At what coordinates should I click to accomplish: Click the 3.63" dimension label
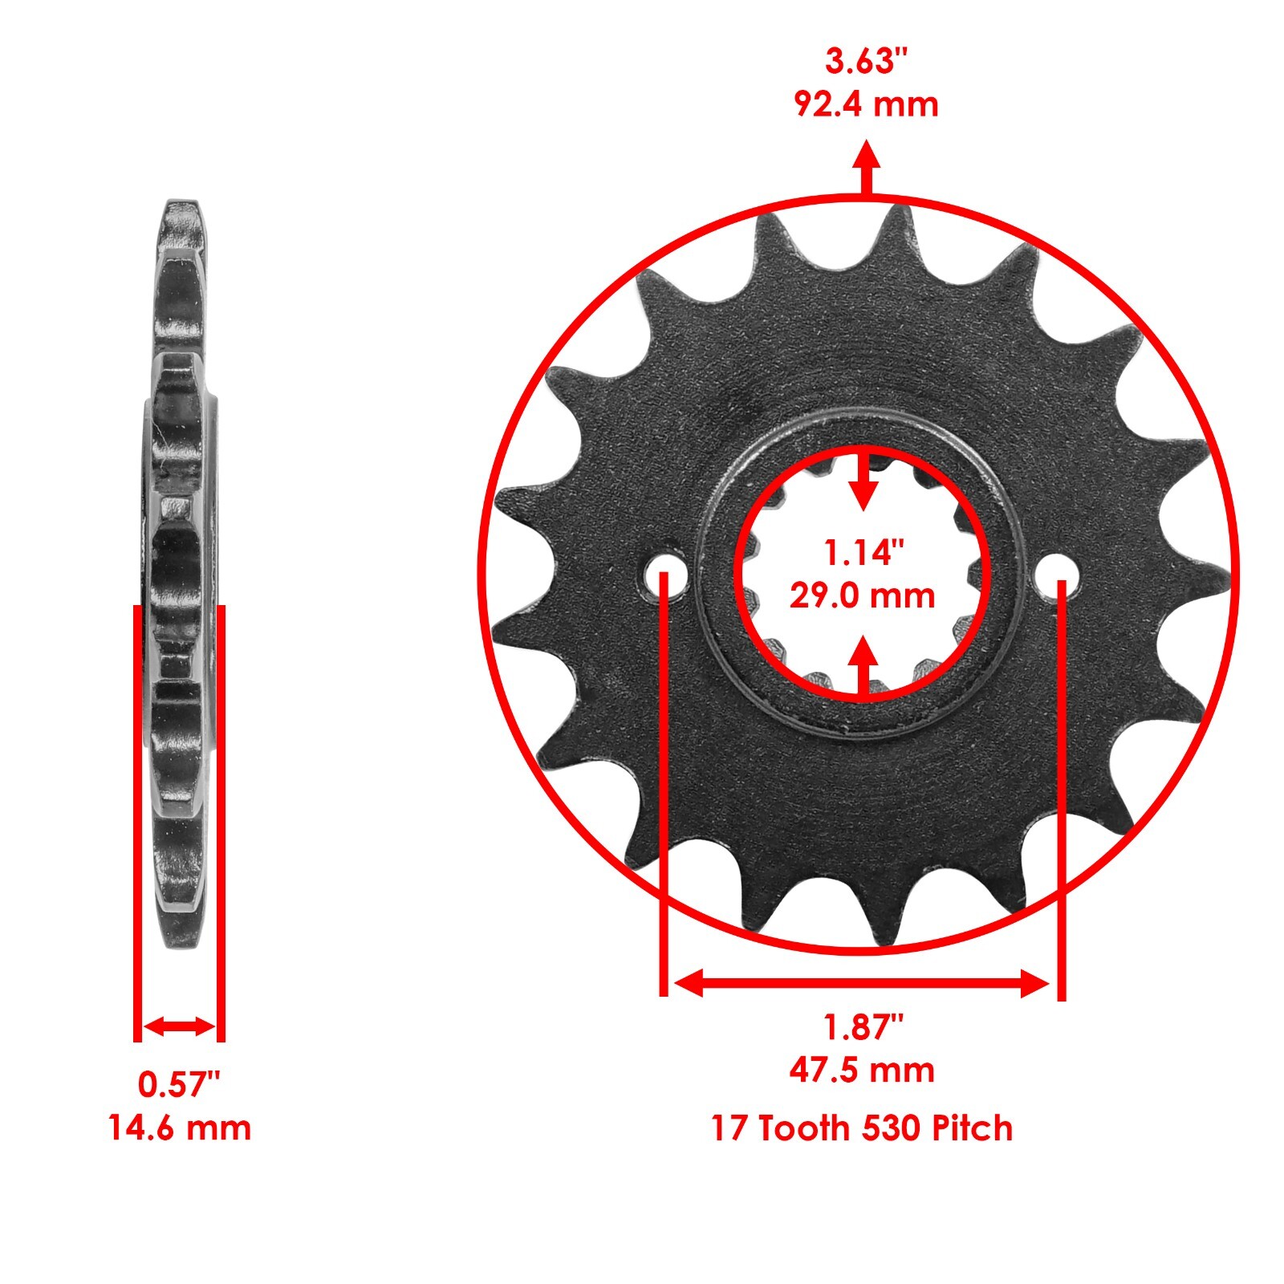tap(866, 62)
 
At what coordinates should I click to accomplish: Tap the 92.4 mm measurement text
tap(866, 104)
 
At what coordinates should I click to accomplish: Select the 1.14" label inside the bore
tap(863, 552)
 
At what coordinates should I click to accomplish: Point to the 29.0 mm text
tap(863, 595)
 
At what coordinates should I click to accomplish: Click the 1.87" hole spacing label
tap(863, 1027)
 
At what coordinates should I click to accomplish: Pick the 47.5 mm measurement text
tap(863, 1071)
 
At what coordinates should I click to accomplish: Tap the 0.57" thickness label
tap(178, 1085)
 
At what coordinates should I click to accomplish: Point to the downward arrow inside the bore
tap(863, 481)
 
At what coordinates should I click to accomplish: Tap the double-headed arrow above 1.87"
tap(862, 983)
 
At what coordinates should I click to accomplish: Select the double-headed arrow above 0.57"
tap(179, 1026)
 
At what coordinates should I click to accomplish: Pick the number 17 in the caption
tap(729, 1128)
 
